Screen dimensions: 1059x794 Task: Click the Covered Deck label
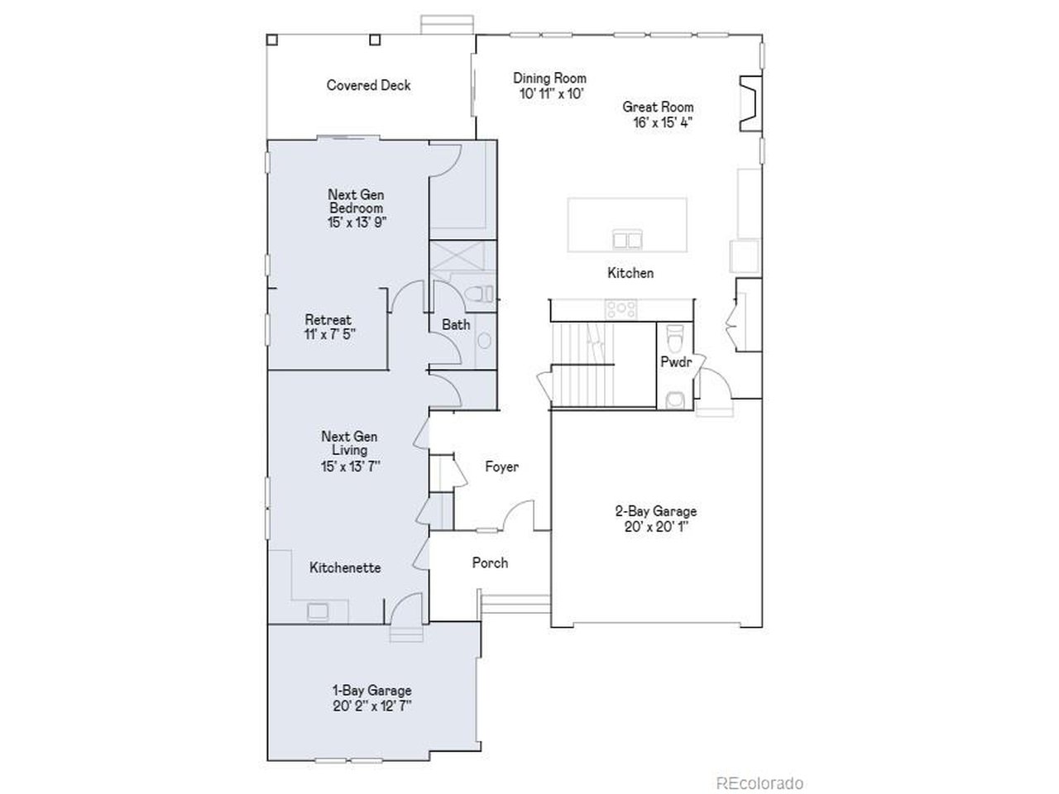click(x=368, y=85)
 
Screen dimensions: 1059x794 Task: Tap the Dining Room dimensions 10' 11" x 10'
click(x=552, y=93)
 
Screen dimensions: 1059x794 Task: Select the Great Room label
click(x=658, y=107)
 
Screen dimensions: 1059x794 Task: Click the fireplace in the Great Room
click(x=750, y=103)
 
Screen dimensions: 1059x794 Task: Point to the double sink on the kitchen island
click(x=627, y=239)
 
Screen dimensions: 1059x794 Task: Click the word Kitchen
click(x=630, y=273)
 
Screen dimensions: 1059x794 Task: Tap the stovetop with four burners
click(x=621, y=309)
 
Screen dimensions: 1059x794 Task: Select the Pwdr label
click(x=676, y=362)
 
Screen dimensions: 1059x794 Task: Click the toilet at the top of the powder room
click(x=674, y=339)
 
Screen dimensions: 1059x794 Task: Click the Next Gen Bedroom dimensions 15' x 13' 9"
click(x=357, y=222)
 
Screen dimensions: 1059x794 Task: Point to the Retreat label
click(x=328, y=319)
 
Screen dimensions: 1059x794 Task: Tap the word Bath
click(x=456, y=324)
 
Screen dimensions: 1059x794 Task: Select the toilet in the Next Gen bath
click(x=480, y=294)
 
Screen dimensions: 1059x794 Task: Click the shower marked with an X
click(x=457, y=261)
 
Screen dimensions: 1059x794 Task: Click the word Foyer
click(x=501, y=466)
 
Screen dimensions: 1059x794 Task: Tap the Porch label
click(x=490, y=562)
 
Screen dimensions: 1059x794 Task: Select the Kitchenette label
click(x=345, y=567)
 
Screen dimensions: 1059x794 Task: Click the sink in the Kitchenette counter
click(x=318, y=611)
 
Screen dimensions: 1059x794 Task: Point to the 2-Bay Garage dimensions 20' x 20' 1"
click(x=656, y=527)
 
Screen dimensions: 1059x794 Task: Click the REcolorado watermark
click(x=760, y=783)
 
